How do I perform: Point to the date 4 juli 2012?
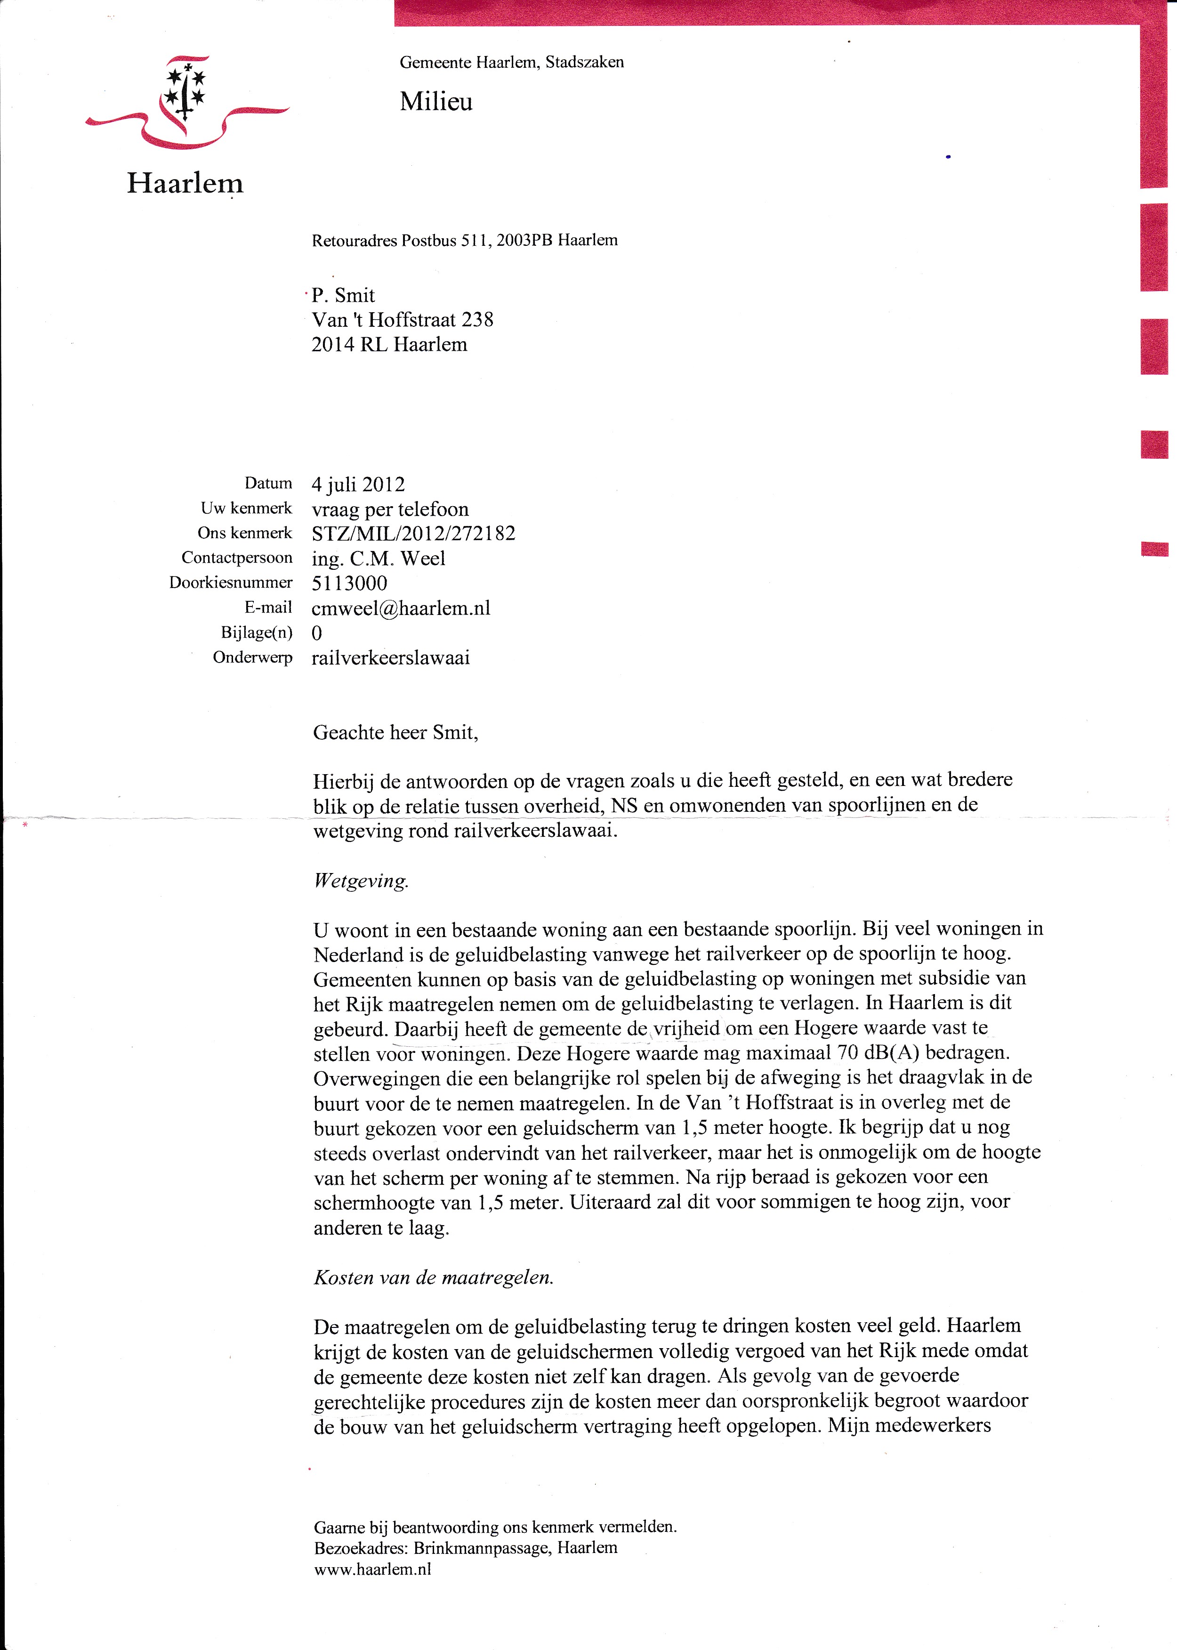358,484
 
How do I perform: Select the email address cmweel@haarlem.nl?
401,608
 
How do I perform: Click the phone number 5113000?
349,583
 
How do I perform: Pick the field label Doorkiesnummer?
231,583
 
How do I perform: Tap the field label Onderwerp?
252,657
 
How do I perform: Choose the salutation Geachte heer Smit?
395,732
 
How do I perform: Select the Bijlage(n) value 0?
317,633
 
